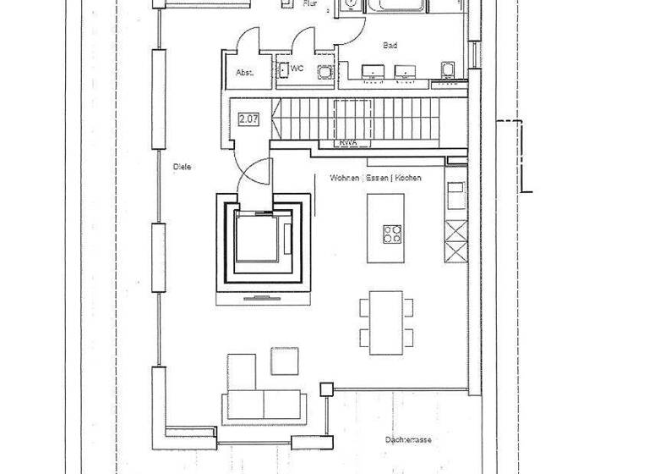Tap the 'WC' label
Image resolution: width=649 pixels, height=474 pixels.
tap(297, 67)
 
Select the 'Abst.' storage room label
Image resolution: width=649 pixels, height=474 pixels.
tap(243, 73)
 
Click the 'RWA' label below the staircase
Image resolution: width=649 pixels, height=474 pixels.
tap(347, 143)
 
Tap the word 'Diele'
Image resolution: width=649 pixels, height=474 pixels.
tap(182, 167)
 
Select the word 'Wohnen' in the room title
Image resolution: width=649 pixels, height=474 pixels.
tap(345, 179)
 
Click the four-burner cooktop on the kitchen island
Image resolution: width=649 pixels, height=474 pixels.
tap(393, 234)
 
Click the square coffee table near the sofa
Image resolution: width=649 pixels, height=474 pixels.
tap(285, 361)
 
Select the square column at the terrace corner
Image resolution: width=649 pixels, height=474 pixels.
tap(325, 389)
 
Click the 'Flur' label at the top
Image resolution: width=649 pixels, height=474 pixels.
tap(310, 4)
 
